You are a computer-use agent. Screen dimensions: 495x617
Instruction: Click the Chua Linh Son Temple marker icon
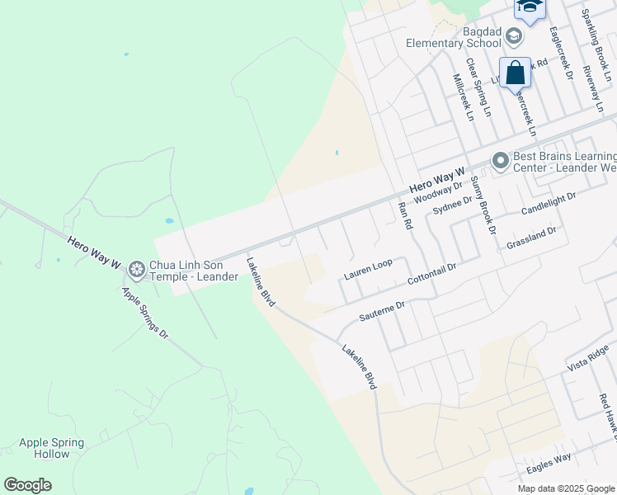[136, 268]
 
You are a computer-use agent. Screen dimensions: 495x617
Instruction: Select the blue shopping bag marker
[515, 73]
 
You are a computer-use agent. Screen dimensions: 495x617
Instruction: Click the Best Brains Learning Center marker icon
[500, 162]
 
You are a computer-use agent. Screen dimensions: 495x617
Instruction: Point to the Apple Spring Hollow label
[51, 448]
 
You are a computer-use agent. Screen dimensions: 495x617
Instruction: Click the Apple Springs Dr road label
[145, 313]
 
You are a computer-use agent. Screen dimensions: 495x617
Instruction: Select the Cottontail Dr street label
[432, 275]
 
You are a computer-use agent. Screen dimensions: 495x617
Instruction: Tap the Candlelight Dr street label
[548, 203]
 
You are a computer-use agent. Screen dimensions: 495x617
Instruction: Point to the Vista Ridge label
[588, 357]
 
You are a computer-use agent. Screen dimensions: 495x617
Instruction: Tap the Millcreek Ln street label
[463, 97]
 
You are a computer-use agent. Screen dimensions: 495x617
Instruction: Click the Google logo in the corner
[27, 485]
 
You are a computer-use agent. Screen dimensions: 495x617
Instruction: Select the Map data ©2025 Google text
[567, 488]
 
